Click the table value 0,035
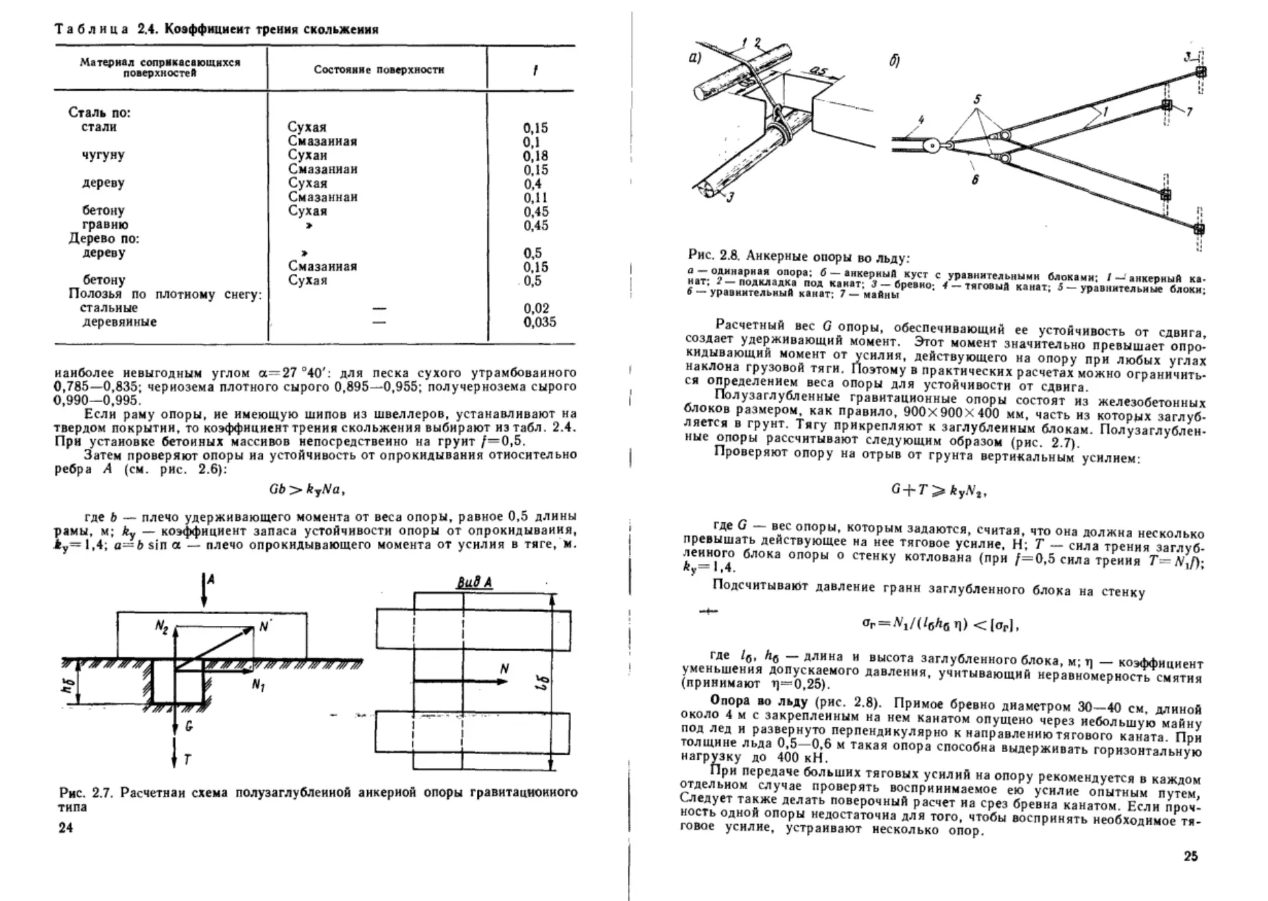pos(539,322)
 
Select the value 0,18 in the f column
pos(535,156)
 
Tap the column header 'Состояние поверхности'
pos(379,69)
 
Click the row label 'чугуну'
pos(103,155)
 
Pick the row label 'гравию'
pos(105,225)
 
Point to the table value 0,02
pos(537,308)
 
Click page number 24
pos(66,828)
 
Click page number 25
pos(1190,856)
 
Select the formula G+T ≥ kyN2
pos(939,490)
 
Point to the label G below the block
pos(189,725)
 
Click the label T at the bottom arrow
pos(187,759)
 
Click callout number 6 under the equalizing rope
pos(975,180)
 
